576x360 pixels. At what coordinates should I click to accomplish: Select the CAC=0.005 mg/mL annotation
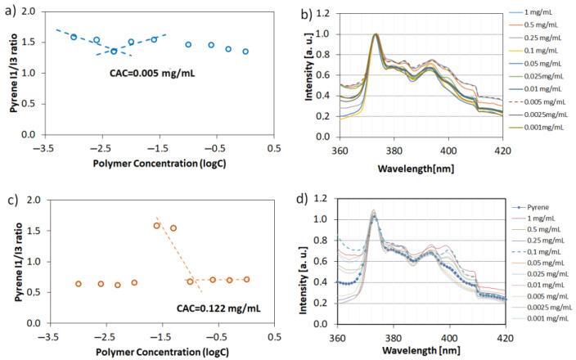(x=153, y=73)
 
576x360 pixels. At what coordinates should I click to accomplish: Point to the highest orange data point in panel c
(x=157, y=226)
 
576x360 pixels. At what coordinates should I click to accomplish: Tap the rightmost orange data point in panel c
(x=246, y=279)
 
